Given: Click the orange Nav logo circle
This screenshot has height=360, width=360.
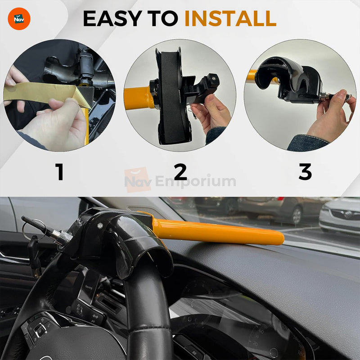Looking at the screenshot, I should click(x=19, y=19).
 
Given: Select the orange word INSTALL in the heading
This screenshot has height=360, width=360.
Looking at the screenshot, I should click(x=230, y=18).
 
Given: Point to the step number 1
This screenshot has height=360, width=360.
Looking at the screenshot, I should click(x=59, y=172).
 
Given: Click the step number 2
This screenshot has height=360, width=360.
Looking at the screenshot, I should click(x=180, y=172).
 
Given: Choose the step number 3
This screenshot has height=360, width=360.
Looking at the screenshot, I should click(x=305, y=172).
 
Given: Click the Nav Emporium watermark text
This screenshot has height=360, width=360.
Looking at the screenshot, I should click(x=180, y=181).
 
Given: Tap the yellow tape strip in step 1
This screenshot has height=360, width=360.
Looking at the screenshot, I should click(x=40, y=93).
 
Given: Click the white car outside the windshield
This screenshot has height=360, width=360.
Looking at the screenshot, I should click(x=340, y=216).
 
